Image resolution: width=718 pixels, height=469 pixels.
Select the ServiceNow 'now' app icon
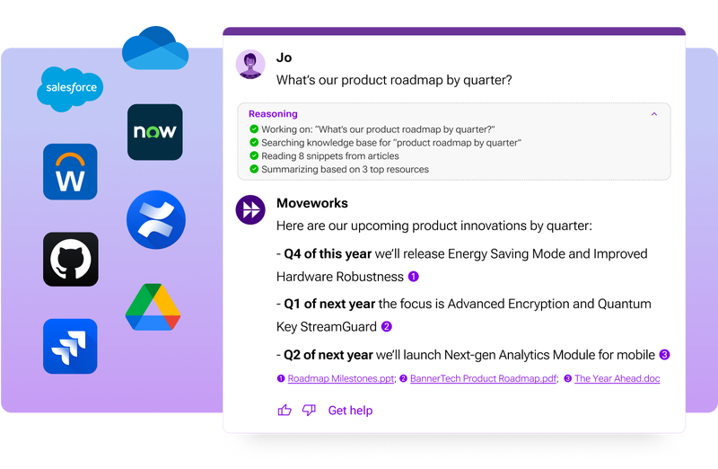(154, 132)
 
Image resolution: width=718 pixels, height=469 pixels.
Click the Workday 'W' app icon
(70, 172)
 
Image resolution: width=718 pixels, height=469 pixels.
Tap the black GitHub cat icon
(71, 259)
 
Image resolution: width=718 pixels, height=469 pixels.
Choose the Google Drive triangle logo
(153, 306)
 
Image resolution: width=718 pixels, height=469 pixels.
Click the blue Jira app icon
(70, 346)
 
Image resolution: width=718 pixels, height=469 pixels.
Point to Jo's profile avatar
(250, 65)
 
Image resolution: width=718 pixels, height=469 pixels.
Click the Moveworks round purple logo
(250, 208)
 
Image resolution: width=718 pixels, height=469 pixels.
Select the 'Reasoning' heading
(274, 114)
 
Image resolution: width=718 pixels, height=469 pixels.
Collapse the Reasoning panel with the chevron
(654, 114)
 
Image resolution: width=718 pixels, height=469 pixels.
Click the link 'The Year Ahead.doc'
(617, 378)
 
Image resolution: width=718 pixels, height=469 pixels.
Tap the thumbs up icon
(285, 411)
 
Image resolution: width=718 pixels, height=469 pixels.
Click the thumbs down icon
(309, 411)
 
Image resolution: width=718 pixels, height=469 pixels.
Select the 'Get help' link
(350, 411)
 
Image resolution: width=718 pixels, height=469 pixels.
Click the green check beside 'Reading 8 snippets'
(255, 155)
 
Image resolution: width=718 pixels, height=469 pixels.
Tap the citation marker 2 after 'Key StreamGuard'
(387, 327)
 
